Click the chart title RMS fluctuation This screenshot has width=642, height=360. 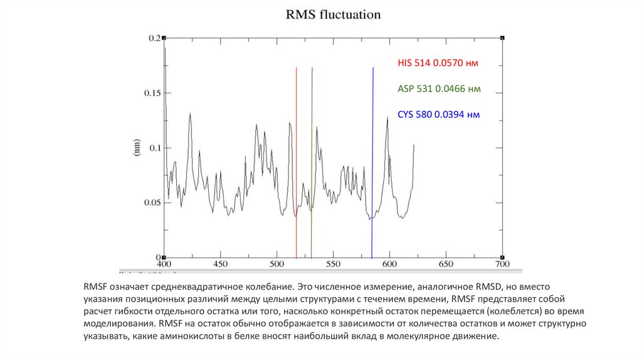click(x=333, y=14)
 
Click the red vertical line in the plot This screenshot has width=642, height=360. click(x=297, y=157)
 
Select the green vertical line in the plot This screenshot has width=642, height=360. click(x=312, y=157)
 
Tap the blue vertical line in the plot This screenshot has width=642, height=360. click(x=372, y=157)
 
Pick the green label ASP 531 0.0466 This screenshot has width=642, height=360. click(x=439, y=89)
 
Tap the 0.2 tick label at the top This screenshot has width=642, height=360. click(x=154, y=38)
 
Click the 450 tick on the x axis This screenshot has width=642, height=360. click(x=220, y=265)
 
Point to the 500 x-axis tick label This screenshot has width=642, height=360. click(x=276, y=265)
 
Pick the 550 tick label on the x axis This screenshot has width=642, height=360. click(x=333, y=265)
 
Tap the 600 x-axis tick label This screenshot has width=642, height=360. click(x=389, y=265)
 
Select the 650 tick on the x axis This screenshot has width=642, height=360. click(x=445, y=265)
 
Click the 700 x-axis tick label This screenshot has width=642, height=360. click(x=502, y=265)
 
